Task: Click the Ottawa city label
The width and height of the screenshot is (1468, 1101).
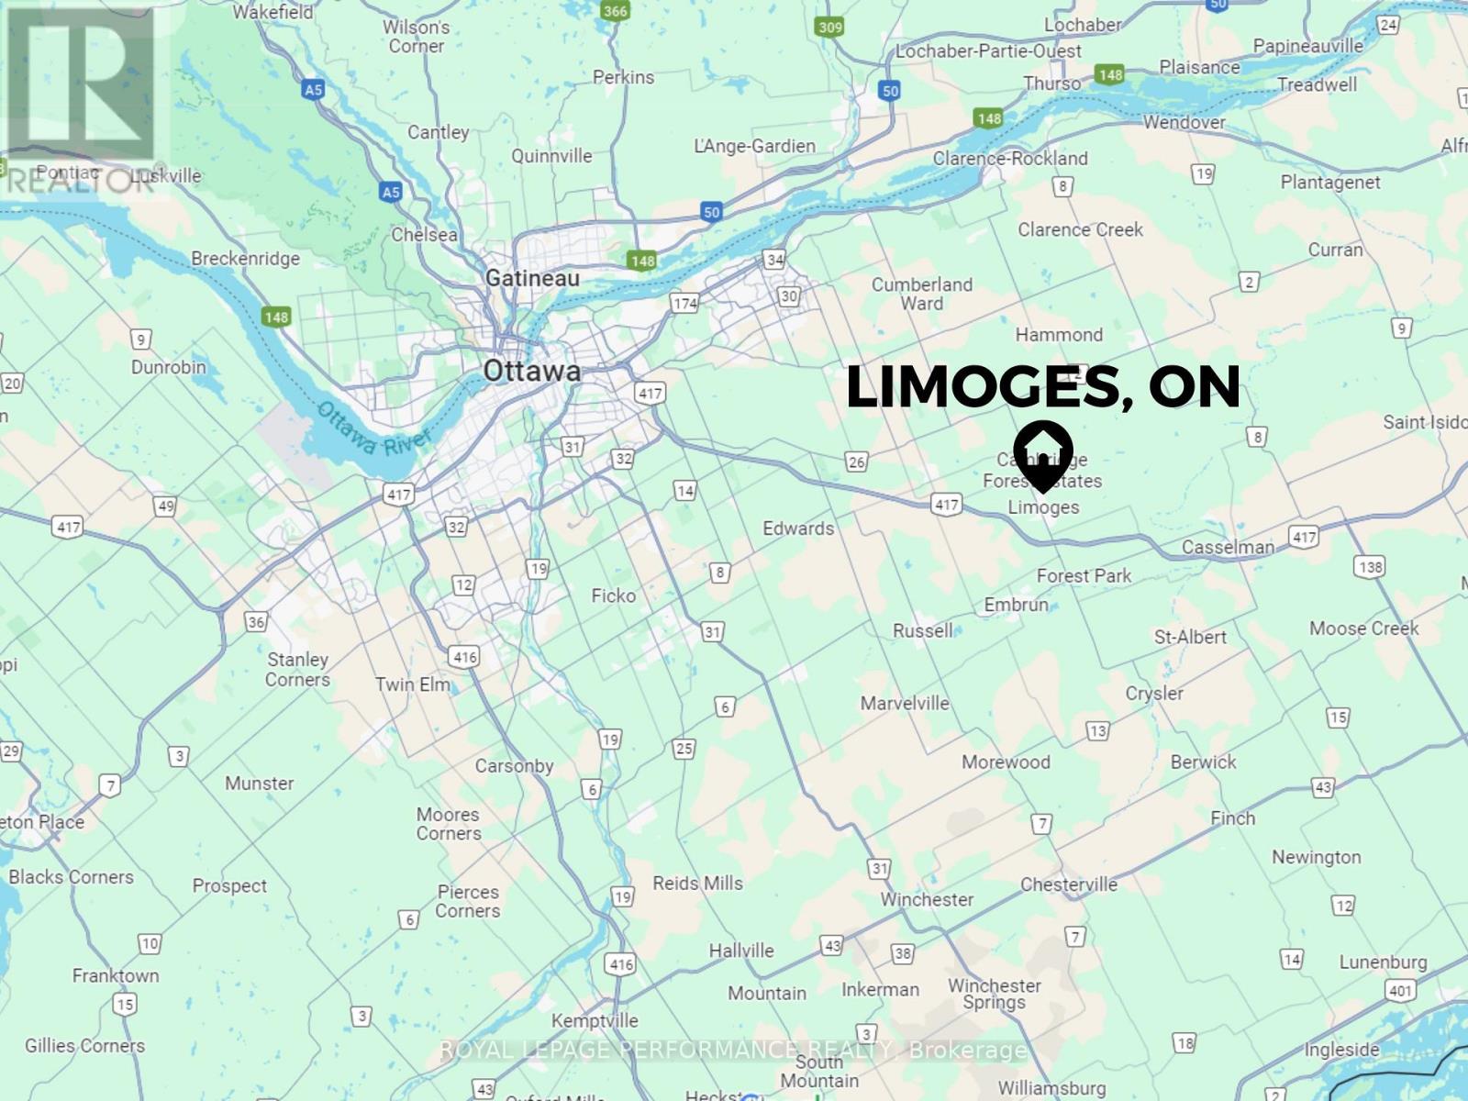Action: (531, 371)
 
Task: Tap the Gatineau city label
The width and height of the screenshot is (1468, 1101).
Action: (532, 277)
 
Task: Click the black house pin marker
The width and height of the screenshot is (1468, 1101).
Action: (1043, 455)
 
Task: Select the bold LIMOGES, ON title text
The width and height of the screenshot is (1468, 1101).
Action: (1042, 387)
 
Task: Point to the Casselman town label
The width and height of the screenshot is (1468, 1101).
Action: (1228, 548)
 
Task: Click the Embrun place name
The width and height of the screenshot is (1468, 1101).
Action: (1016, 605)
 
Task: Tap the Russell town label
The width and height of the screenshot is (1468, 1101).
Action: (923, 630)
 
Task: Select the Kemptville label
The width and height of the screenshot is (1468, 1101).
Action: (595, 1020)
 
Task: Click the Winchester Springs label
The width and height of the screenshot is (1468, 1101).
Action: (995, 994)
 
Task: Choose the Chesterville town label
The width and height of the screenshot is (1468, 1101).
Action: (1069, 884)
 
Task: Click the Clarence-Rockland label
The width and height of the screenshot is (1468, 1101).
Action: (1010, 158)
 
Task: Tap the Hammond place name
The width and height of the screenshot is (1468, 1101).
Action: (1059, 335)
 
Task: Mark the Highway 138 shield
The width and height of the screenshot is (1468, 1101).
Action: (1370, 566)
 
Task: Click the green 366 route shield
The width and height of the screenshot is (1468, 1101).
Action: (615, 11)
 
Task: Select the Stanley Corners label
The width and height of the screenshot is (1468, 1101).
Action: (297, 669)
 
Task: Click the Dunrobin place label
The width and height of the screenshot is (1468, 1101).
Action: (168, 367)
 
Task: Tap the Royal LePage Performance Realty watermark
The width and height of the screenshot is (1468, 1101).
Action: (733, 1050)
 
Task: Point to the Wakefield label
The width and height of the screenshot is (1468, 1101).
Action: (272, 12)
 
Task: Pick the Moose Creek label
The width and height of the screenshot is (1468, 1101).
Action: (1363, 628)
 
